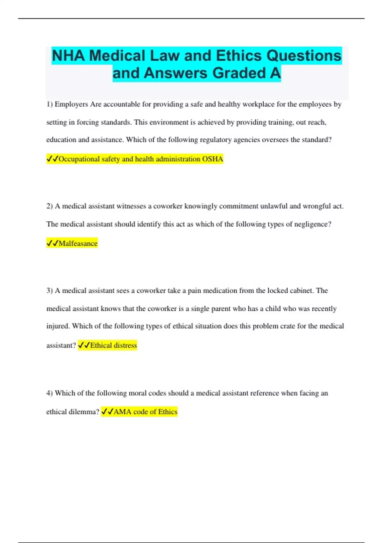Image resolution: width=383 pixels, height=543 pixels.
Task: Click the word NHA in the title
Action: coord(68,56)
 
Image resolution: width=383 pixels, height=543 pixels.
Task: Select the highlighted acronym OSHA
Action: coord(213,159)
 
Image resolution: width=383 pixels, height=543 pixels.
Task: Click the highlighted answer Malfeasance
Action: coord(78,243)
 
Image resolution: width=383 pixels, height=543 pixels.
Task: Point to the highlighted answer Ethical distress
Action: coord(113,345)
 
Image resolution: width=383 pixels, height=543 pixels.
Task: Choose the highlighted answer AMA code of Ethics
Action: coord(145,412)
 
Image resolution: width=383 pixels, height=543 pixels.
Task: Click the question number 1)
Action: coord(49,104)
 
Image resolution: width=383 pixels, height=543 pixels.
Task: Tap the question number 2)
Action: coord(49,206)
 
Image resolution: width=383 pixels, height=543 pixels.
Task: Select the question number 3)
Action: coord(49,291)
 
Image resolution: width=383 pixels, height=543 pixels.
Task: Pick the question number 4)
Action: coord(49,393)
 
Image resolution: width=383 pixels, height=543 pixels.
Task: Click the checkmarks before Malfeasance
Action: coord(52,243)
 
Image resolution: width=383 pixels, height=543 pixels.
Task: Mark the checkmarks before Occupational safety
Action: coord(52,159)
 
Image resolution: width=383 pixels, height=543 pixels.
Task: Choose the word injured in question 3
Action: coord(58,326)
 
